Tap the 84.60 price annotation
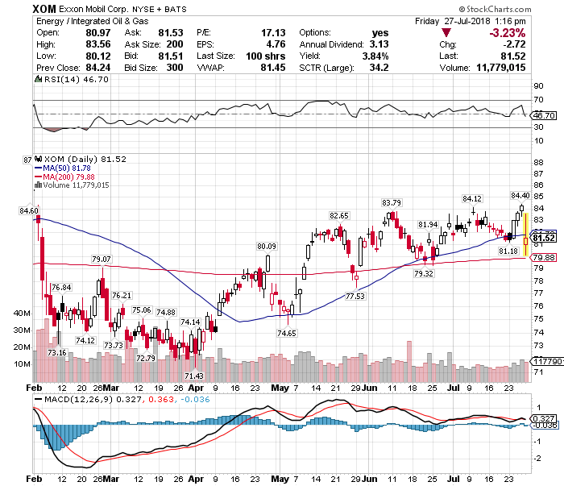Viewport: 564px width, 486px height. [x=28, y=210]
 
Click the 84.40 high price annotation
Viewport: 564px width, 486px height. [x=519, y=195]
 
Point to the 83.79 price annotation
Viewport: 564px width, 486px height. [x=392, y=201]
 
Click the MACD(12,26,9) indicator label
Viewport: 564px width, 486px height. [x=69, y=399]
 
